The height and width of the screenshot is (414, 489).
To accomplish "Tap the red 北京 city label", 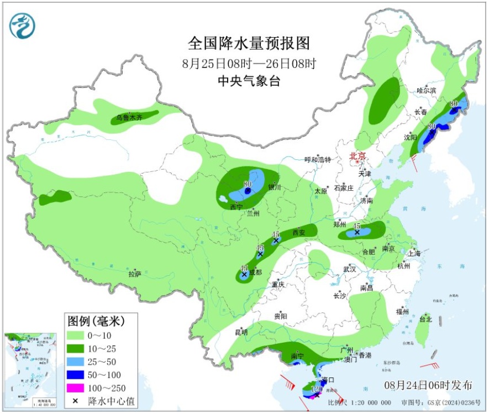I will tap(357, 156).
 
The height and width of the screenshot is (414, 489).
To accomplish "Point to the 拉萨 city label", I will tap(135, 274).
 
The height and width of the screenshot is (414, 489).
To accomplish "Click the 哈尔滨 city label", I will tap(426, 90).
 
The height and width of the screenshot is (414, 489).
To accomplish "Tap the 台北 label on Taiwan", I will tap(425, 319).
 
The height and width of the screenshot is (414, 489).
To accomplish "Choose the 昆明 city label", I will tap(241, 332).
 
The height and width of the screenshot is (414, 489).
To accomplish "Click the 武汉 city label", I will tap(349, 269).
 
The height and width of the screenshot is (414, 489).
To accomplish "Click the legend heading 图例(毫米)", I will tap(96, 321).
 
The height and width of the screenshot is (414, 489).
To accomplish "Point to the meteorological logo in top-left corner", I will tap(22, 25).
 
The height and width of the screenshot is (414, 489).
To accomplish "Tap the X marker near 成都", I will tap(244, 274).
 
